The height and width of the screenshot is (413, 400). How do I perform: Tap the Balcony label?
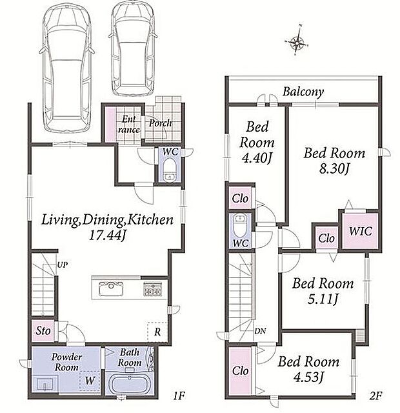(x=303, y=92)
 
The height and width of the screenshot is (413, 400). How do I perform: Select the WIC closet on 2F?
(x=360, y=231)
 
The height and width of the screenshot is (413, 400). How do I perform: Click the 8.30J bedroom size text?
(x=334, y=169)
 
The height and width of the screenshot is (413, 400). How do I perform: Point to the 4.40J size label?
(x=257, y=158)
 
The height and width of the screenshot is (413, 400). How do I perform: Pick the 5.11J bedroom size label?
(x=323, y=299)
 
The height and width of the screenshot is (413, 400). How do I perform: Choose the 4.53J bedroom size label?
(x=308, y=377)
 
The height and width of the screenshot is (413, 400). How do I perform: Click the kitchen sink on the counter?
(x=111, y=288)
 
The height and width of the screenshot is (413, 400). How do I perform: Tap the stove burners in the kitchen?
(x=152, y=288)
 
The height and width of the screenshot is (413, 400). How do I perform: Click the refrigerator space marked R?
(x=157, y=332)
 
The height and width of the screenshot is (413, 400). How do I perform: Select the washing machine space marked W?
(x=90, y=380)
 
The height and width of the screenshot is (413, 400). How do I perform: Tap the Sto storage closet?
(x=43, y=331)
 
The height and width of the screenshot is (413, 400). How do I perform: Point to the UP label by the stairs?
(x=63, y=265)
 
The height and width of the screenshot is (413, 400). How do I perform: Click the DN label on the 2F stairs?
(x=260, y=331)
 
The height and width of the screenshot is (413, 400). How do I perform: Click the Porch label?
(x=161, y=123)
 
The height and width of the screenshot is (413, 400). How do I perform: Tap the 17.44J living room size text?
(x=107, y=235)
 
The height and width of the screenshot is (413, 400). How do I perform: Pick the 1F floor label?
(x=179, y=396)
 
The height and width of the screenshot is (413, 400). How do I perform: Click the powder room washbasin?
(x=45, y=385)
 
